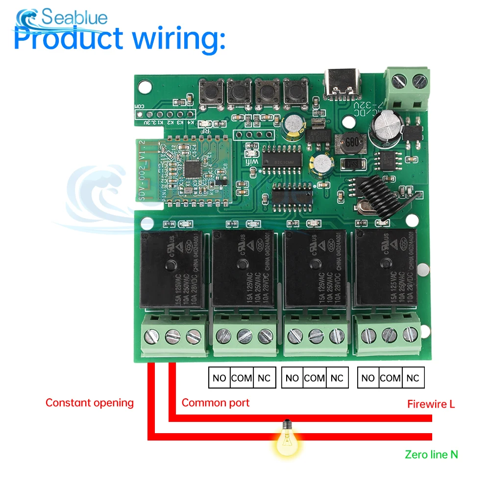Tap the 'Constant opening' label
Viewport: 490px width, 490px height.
point(90,403)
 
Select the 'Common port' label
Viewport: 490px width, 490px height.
point(216,403)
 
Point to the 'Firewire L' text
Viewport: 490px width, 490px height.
point(431,404)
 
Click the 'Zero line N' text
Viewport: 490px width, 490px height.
point(431,454)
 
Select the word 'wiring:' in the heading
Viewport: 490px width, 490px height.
point(179,39)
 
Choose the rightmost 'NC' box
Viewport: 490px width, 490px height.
point(413,378)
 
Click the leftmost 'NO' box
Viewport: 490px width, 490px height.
point(220,378)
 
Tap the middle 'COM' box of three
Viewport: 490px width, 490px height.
point(315,378)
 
